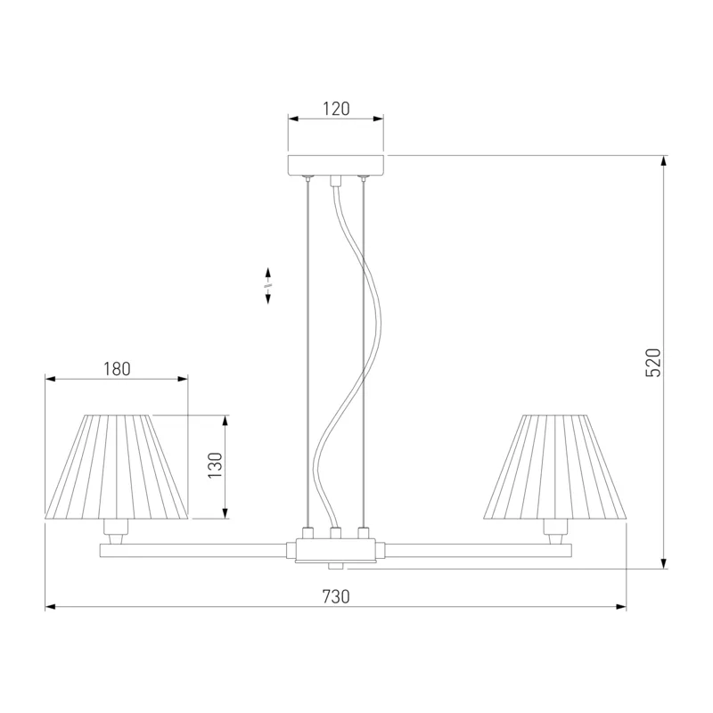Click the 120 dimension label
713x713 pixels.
(336, 109)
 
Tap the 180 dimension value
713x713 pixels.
(117, 369)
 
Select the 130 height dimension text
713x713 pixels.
(215, 465)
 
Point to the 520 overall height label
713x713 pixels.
(653, 363)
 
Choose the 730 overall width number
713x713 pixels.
(336, 596)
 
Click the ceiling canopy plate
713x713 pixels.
(336, 166)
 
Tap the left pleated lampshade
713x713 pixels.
(117, 466)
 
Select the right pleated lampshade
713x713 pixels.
(555, 466)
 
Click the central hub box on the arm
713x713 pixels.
(336, 550)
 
